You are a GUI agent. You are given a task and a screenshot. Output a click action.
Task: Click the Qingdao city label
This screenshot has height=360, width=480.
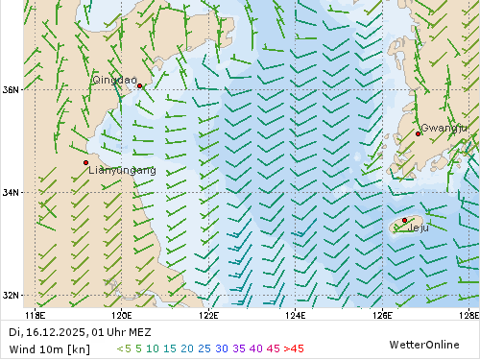(114, 80)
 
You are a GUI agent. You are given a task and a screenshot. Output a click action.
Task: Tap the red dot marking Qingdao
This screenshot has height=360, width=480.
(140, 85)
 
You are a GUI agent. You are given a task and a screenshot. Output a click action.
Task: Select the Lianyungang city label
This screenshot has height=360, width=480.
(122, 170)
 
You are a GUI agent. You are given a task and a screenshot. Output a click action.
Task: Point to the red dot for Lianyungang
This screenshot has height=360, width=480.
(86, 162)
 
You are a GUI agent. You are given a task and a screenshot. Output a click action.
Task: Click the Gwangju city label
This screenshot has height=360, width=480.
(444, 128)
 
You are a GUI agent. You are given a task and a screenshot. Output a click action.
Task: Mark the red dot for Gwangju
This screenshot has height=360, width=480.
(419, 133)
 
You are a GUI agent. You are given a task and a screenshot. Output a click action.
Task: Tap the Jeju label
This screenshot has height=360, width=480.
(419, 228)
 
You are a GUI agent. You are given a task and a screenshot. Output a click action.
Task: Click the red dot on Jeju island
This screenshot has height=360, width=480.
(404, 221)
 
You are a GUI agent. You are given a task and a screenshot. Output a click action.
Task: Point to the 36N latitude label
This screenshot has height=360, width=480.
(11, 90)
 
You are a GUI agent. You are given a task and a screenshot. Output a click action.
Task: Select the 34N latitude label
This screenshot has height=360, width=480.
(11, 193)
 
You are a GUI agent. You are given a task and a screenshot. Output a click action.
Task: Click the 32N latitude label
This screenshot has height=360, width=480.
(11, 295)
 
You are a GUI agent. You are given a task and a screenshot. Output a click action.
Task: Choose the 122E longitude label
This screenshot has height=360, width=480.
(208, 314)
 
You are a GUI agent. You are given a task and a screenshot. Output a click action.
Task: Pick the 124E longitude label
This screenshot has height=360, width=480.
(296, 314)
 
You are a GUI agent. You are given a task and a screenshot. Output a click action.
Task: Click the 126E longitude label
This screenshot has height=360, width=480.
(382, 314)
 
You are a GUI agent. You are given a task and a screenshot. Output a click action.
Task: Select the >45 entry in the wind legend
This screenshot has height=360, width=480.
(294, 348)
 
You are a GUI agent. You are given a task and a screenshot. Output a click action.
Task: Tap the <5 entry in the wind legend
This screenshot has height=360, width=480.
(124, 348)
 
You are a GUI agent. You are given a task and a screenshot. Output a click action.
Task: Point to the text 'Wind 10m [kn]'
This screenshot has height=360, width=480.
(49, 348)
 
